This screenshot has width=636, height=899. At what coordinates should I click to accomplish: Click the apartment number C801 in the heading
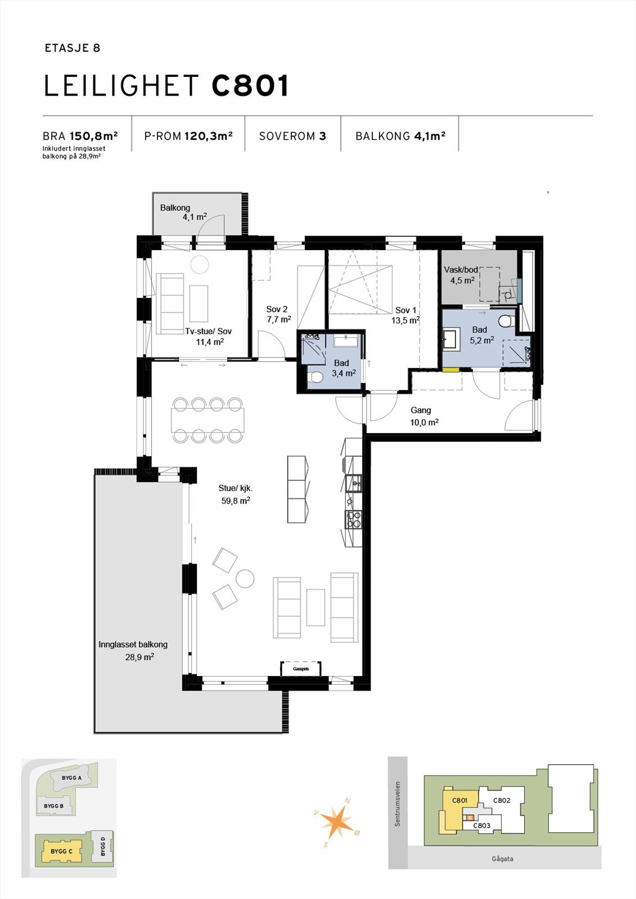(251, 87)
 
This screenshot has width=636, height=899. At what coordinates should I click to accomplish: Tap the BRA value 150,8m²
(93, 136)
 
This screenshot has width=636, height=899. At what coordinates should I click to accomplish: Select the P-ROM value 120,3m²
(209, 136)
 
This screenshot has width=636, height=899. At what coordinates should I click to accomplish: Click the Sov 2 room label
(277, 309)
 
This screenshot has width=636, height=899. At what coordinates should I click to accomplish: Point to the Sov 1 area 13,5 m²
(405, 321)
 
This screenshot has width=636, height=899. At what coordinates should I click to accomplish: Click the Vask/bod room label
(461, 270)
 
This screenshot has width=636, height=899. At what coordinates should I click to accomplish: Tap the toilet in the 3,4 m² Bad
(315, 377)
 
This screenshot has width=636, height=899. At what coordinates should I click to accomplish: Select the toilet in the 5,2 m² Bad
(504, 321)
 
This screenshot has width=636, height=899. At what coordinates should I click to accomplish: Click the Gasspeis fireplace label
(301, 669)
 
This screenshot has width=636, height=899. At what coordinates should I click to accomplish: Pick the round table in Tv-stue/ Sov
(199, 264)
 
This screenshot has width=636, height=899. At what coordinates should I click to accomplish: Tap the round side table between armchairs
(245, 579)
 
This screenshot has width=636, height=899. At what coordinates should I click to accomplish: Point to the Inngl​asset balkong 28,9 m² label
(133, 650)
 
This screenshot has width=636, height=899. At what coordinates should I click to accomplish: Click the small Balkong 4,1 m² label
(175, 208)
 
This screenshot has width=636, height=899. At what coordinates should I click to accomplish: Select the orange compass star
(337, 821)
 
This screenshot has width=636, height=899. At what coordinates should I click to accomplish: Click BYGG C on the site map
(62, 851)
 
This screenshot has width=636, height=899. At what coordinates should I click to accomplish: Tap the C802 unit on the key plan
(501, 801)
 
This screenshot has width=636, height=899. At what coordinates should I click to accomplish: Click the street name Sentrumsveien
(398, 803)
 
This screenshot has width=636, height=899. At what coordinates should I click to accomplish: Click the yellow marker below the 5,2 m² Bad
(450, 370)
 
